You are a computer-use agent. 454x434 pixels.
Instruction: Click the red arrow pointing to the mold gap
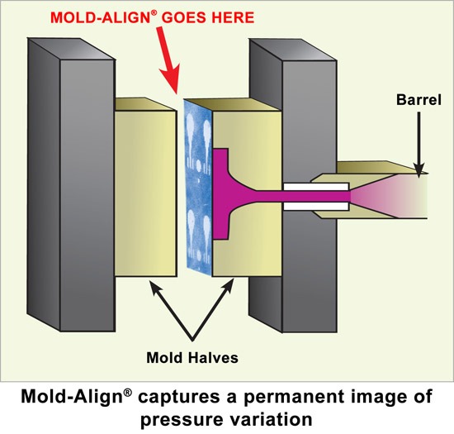(168, 60)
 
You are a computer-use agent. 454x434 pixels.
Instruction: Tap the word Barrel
(419, 100)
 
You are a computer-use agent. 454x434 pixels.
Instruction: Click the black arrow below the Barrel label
(419, 145)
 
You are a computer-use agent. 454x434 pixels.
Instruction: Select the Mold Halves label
(192, 357)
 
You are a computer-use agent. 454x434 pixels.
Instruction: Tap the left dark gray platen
(72, 184)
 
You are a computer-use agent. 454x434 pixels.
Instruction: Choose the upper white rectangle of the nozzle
(316, 187)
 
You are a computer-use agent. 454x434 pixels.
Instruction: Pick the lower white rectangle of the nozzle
(316, 206)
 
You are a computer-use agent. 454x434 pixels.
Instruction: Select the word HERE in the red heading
(233, 17)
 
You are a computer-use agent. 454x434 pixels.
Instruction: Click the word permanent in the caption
(294, 398)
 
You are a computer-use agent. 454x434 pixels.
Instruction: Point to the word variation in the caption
(275, 418)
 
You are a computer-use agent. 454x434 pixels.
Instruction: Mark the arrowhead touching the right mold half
(229, 286)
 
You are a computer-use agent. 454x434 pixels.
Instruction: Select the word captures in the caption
(178, 398)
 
